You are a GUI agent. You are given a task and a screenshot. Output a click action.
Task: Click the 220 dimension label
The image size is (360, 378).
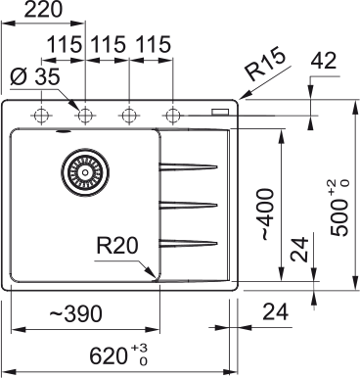point(43,10)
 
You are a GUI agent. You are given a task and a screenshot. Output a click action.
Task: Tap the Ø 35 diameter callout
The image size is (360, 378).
point(35,77)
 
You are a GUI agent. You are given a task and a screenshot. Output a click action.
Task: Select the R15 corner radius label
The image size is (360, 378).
point(266,65)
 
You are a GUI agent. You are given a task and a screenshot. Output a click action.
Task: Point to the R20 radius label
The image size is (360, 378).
point(117,246)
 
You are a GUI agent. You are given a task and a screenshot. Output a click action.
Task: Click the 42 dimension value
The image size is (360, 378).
point(324,61)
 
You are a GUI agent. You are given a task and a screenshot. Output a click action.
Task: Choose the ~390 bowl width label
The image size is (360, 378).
point(75,313)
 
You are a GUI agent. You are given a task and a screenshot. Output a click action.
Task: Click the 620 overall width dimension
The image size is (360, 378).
point(118,355)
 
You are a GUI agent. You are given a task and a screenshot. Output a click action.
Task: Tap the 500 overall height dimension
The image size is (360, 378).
point(339,208)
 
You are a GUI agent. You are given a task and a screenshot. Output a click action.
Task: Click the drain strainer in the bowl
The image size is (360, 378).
point(85,171)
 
